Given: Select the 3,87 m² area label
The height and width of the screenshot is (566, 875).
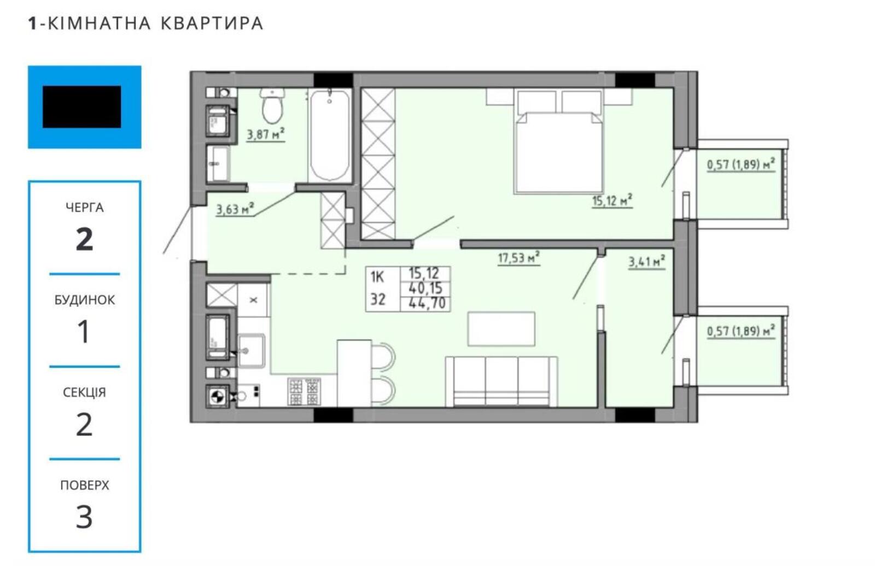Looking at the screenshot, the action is click(x=266, y=134).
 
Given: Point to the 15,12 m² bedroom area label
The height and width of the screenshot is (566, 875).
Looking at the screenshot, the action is click(x=612, y=201).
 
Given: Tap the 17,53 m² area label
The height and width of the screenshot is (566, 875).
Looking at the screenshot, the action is click(x=519, y=258).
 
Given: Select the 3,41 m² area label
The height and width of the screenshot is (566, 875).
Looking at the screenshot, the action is click(x=646, y=262).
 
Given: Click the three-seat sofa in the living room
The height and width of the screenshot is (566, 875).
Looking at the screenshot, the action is click(x=501, y=381).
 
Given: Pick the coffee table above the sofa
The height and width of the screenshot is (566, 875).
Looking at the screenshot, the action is click(x=501, y=329).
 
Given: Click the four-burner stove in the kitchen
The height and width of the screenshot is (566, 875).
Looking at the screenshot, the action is click(x=304, y=392).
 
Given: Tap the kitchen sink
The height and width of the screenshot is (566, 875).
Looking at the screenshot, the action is click(x=251, y=351).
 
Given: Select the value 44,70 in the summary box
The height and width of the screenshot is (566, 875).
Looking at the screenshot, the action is click(x=427, y=303).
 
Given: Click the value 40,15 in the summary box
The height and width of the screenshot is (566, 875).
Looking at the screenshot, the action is click(x=425, y=288).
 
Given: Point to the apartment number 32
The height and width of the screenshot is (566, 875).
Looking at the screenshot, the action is click(x=378, y=300).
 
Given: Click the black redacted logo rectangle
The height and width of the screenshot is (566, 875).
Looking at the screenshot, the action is click(x=81, y=107).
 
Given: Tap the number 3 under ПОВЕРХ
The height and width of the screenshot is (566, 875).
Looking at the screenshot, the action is click(x=84, y=517).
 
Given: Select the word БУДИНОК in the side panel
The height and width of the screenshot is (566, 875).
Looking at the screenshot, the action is click(x=85, y=300).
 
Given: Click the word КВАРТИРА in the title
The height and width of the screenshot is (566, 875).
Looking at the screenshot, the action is click(x=212, y=23).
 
